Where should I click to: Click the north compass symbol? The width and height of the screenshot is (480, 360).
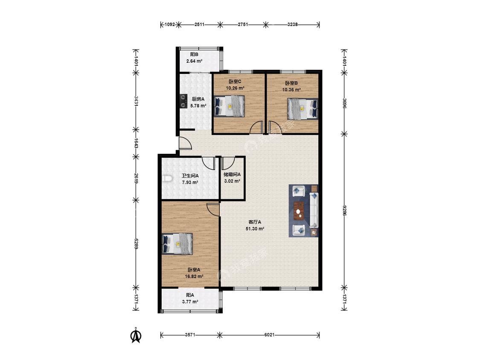coord(136,335)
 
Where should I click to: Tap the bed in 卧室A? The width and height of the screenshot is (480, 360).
coord(177,244)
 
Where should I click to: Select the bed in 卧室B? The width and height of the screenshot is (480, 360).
coord(303,109)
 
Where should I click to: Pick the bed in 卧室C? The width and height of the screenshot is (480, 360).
coord(230,106)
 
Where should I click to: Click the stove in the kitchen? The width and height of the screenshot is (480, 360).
coord(183,102)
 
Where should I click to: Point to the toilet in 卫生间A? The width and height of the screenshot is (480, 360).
coord(167,178)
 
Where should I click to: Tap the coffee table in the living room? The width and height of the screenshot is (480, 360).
coord(299,211)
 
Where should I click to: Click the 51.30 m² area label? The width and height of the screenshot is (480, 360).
coord(255,229)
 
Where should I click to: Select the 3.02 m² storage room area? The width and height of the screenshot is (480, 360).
coord(232,181)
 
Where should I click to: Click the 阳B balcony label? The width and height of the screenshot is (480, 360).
coord(195,55)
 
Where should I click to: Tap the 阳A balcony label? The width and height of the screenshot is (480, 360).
coord(190,295)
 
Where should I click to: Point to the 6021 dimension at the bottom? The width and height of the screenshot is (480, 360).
coord(269,335)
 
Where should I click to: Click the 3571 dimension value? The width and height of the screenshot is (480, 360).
coord(190,335)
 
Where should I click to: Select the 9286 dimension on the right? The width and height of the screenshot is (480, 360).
coord(344,211)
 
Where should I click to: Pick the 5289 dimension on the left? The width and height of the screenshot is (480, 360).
coord(136,244)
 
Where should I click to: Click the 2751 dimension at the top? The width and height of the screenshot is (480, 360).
coord(243,24)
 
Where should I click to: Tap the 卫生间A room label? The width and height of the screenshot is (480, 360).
coord(190,176)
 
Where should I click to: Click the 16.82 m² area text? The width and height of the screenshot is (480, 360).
coord(194,276)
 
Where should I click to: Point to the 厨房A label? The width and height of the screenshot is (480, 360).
coord(198,99)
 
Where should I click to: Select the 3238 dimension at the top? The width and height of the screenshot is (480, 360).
coord(292,24)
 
